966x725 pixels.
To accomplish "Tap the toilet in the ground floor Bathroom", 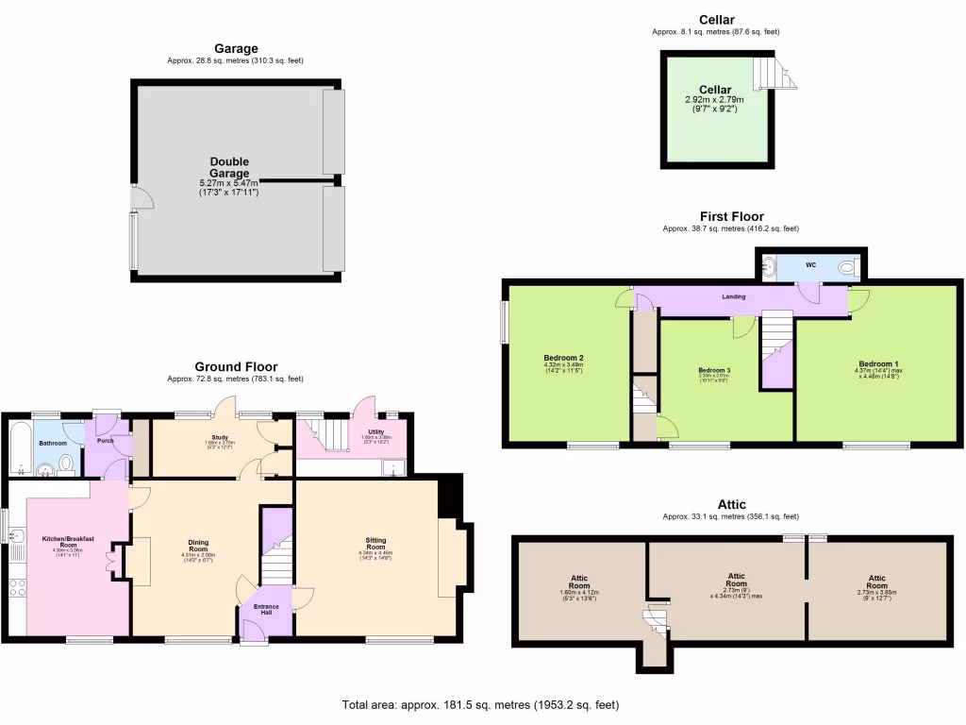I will pyautogui.click(x=66, y=464).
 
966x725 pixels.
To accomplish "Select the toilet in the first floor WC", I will pyautogui.click(x=846, y=268).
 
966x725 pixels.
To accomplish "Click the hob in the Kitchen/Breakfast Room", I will pyautogui.click(x=17, y=591).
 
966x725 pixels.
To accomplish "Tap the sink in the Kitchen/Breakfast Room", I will pyautogui.click(x=16, y=537).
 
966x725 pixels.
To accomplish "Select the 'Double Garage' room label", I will pyautogui.click(x=229, y=167).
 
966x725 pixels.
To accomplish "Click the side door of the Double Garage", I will pyautogui.click(x=142, y=196).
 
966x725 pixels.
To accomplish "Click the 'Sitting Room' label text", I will pyautogui.click(x=375, y=544).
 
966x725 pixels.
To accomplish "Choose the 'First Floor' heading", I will pyautogui.click(x=731, y=216).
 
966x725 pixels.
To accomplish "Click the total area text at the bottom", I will pyautogui.click(x=480, y=705).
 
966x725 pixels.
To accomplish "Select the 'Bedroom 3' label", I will pyautogui.click(x=714, y=370).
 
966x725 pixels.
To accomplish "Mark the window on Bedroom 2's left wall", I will pyautogui.click(x=505, y=322).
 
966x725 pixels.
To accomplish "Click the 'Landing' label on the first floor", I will pyautogui.click(x=733, y=296).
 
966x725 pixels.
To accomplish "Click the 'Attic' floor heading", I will pyautogui.click(x=731, y=505).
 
